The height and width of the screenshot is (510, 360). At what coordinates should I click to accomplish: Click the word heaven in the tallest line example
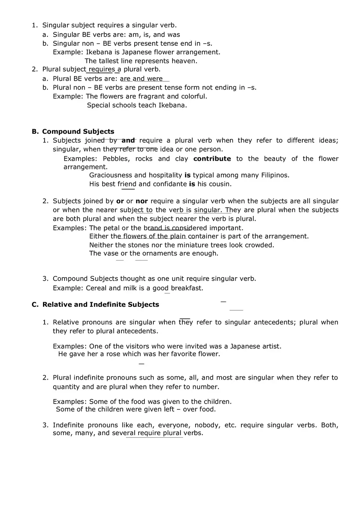tap(184, 61)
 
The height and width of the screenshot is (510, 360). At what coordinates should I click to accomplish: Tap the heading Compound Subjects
tap(78, 132)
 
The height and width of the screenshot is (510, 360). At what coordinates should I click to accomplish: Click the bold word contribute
tap(212, 159)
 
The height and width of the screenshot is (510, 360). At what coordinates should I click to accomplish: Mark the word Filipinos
tap(274, 175)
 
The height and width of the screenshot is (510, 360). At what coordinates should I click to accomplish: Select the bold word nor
tap(142, 201)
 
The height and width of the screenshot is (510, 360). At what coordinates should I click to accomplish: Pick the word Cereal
tap(96, 288)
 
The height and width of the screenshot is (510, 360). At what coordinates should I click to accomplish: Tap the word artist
tap(271, 346)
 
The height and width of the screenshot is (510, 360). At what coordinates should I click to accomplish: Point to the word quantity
tap(66, 387)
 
